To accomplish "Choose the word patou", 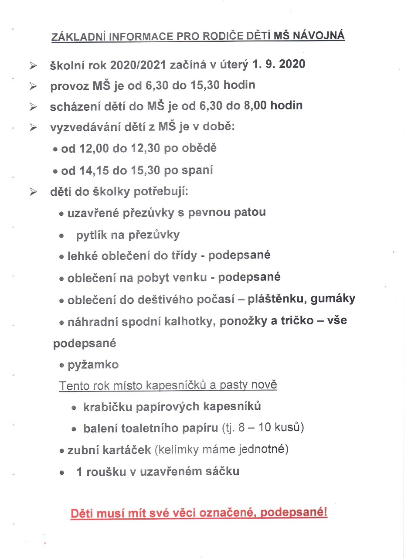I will (x=250, y=213).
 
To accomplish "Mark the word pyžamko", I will (x=93, y=364).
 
